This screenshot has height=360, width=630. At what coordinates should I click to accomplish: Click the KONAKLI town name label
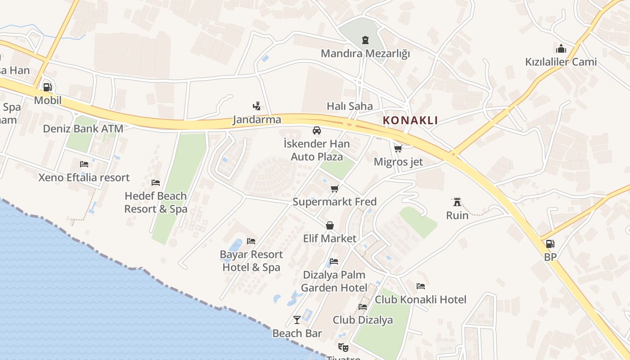[410, 120]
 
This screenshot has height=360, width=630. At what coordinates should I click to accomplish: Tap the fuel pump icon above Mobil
[47, 87]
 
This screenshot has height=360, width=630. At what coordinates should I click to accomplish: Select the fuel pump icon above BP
[550, 244]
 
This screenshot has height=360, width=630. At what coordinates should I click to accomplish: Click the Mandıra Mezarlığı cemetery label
[365, 54]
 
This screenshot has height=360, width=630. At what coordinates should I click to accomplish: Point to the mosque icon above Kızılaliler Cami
[561, 49]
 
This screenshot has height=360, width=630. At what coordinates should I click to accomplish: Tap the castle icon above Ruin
[457, 202]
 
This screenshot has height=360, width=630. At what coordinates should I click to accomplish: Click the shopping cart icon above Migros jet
[398, 148]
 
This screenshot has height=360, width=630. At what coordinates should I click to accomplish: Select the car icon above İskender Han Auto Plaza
[317, 130]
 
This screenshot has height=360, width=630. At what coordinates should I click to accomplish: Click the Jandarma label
[257, 120]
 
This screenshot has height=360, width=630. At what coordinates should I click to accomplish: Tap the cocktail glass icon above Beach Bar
[297, 319]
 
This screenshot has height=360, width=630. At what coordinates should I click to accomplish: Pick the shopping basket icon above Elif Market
[330, 225]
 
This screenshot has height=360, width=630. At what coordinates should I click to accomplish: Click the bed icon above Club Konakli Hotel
[421, 286]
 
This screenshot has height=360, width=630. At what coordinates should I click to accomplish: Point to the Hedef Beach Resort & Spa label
[156, 202]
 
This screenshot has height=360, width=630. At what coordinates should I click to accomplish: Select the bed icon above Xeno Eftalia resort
[84, 164]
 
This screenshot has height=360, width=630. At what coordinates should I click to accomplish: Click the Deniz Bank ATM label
[83, 129]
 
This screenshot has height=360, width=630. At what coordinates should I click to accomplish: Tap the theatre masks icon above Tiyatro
[343, 347]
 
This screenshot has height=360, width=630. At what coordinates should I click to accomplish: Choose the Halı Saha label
[350, 106]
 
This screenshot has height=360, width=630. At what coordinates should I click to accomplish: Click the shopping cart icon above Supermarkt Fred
[334, 189]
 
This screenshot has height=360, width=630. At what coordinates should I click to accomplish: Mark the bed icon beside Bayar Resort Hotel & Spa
[251, 241]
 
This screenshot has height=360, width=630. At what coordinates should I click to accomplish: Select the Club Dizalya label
[363, 320]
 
